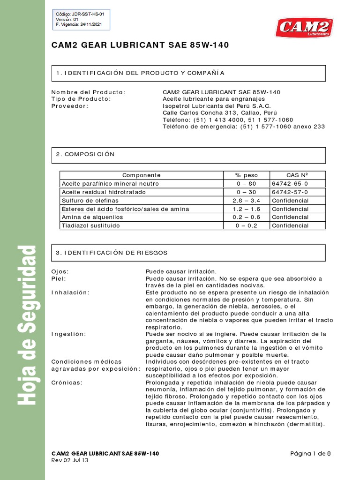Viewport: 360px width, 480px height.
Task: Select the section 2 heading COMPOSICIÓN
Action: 85,154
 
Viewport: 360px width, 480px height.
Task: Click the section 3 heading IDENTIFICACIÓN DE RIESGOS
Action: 111,253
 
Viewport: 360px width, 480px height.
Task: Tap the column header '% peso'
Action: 246,175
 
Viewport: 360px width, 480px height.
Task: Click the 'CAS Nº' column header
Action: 297,175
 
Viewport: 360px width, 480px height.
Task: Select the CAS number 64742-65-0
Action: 290,184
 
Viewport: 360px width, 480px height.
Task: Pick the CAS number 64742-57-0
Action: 290,192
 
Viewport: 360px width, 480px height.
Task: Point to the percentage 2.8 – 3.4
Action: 246,201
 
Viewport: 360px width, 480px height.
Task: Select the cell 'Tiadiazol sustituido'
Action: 90,226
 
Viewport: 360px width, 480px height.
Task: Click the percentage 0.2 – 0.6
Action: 246,217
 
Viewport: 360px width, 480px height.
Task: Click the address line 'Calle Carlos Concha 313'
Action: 219,113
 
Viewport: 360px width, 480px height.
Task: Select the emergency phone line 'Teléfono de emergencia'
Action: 243,127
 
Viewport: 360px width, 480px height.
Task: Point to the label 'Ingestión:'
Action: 68,334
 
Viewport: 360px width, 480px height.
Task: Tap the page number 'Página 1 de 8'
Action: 310,453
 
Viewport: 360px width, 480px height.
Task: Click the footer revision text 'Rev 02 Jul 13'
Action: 69,460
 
